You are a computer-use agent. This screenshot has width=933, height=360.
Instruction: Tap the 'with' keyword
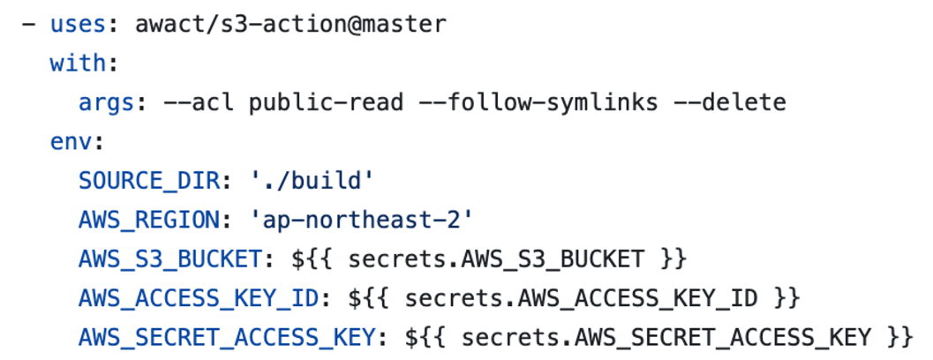78,64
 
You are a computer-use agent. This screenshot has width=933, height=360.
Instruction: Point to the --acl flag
199,102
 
